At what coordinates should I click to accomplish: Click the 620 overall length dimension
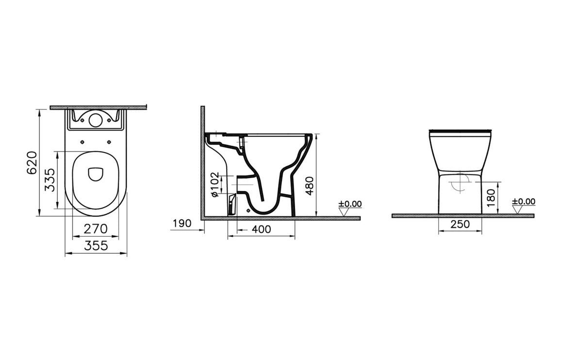[32, 163]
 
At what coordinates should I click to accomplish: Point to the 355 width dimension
[96, 246]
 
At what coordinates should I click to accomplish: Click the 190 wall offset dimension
[182, 223]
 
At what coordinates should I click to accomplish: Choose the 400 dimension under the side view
[262, 229]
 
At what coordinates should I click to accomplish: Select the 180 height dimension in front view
[491, 196]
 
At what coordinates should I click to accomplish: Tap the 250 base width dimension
[460, 224]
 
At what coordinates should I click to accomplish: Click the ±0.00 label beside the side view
[350, 204]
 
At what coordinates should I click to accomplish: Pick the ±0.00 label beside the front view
[524, 201]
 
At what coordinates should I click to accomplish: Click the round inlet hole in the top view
[96, 119]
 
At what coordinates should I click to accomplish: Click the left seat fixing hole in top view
[82, 142]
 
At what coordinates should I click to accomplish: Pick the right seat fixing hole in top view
[109, 142]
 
